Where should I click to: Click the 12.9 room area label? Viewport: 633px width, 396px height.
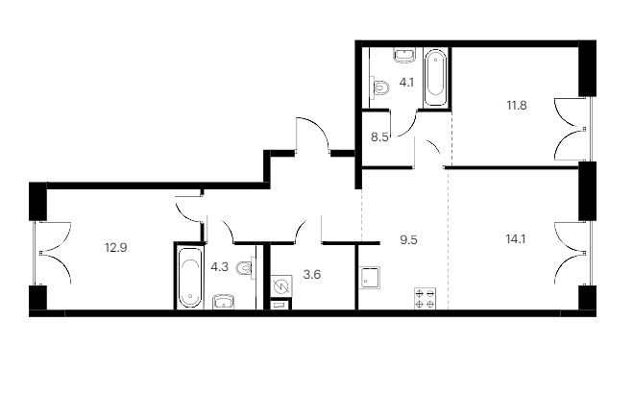(x=116, y=247)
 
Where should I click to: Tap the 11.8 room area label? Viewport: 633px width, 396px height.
(x=517, y=106)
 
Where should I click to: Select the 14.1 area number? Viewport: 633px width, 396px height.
(x=516, y=239)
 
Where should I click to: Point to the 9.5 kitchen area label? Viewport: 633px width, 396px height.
(x=408, y=240)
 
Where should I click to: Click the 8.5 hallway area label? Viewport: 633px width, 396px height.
(x=379, y=137)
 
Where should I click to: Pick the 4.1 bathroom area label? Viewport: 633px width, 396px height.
(x=406, y=83)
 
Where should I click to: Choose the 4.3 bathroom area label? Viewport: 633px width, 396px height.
(x=220, y=267)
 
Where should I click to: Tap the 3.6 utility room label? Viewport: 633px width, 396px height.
(x=312, y=275)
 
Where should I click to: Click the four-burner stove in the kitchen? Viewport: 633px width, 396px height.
(x=426, y=299)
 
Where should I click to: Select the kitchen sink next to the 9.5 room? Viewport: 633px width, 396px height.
(x=370, y=277)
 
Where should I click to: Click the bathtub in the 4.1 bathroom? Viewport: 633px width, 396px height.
(x=436, y=78)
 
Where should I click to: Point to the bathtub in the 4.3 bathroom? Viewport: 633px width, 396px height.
(x=190, y=277)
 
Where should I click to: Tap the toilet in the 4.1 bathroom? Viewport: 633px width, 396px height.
(x=379, y=87)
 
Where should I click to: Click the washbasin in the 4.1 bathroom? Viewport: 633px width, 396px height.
(x=405, y=56)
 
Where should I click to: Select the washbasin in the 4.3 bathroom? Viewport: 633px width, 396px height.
(x=224, y=302)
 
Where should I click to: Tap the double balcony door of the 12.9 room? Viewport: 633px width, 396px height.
(x=55, y=254)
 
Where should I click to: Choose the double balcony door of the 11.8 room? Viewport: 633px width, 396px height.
(x=571, y=130)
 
